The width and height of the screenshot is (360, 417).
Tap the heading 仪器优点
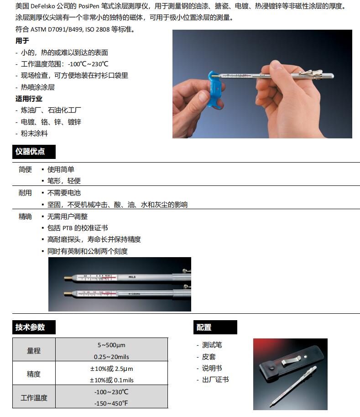(x=30, y=152)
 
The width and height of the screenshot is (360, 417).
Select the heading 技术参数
(x=30, y=327)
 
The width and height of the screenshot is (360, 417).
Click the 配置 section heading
(x=204, y=327)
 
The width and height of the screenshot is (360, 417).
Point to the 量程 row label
(x=34, y=350)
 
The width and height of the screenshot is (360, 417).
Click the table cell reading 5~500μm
(x=111, y=345)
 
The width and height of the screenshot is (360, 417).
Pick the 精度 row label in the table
(x=34, y=374)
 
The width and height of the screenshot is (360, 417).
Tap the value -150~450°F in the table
(x=111, y=403)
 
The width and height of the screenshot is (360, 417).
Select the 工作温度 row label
(x=34, y=397)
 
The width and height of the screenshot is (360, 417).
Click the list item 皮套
(x=209, y=357)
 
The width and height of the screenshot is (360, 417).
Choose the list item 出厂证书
(x=215, y=380)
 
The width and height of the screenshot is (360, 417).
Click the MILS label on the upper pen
(x=132, y=277)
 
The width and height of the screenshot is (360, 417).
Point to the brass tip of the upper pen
(x=68, y=278)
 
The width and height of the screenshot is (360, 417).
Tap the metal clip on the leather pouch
(x=291, y=360)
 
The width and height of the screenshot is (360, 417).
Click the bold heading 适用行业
(x=29, y=99)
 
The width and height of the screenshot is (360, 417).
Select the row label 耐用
(x=25, y=193)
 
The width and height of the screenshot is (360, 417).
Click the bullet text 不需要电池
(x=64, y=193)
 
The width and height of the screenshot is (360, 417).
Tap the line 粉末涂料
(x=34, y=133)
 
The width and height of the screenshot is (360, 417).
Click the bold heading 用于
(x=22, y=41)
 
